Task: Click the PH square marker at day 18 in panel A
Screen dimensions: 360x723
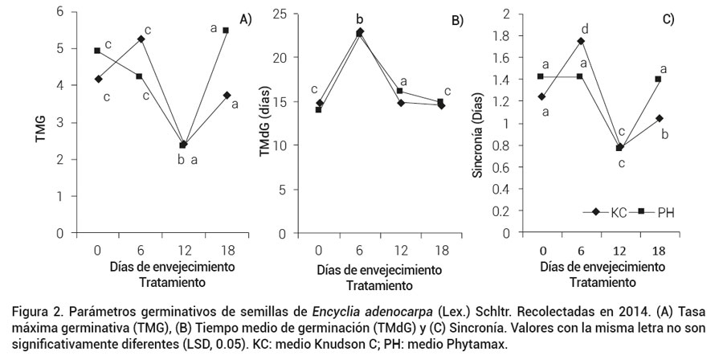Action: tap(226, 31)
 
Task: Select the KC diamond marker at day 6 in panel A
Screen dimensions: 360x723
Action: tap(141, 39)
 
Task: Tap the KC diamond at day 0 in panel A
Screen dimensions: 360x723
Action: tap(97, 79)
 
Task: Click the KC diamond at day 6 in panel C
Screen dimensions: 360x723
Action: tap(581, 41)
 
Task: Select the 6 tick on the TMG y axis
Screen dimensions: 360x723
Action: tap(59, 13)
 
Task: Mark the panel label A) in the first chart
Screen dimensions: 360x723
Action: tap(243, 20)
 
